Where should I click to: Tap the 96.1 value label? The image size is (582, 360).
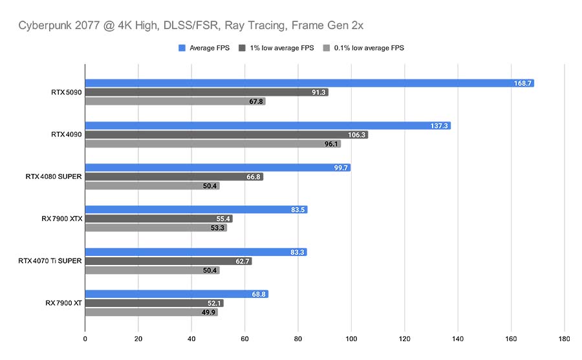point(330,144)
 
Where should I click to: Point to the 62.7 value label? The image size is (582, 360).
point(242,261)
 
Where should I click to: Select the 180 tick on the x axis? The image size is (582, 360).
point(564,337)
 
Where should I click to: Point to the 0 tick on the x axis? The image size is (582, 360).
point(85,337)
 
